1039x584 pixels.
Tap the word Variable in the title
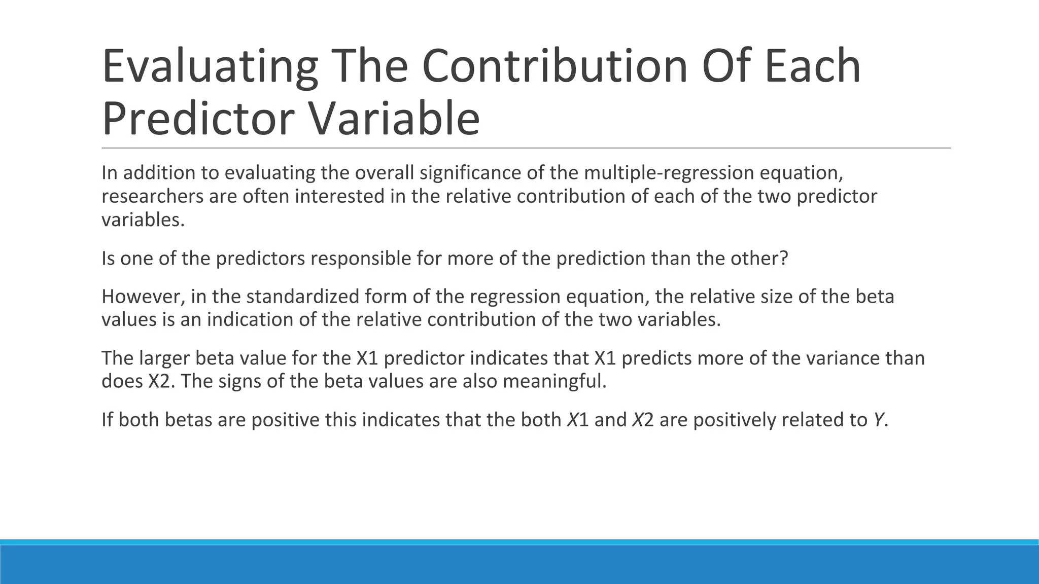(393, 119)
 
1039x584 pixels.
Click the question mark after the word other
(784, 259)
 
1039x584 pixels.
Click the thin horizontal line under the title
(526, 148)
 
